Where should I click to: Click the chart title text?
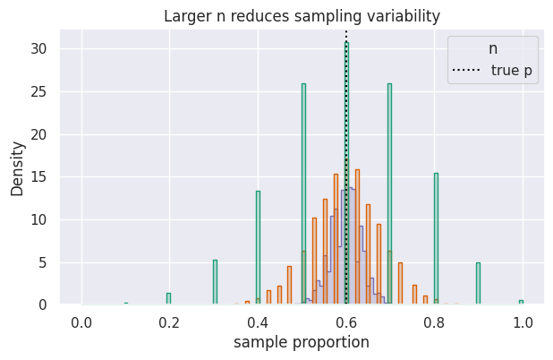pos(302,16)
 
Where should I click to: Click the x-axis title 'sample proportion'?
pos(302,342)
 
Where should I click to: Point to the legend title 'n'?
pos(493,48)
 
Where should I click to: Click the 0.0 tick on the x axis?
pos(81,320)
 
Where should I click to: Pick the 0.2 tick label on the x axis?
pos(170,320)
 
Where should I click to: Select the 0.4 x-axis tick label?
pos(258,320)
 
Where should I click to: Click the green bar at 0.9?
pos(478,284)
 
